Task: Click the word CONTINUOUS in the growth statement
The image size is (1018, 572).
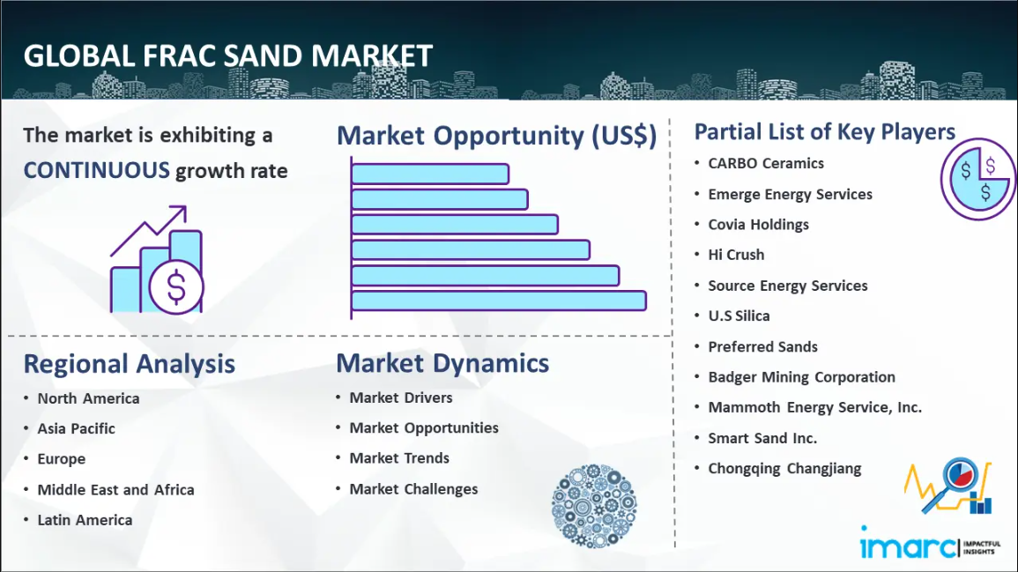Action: point(97,171)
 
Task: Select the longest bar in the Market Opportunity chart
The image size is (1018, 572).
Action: point(499,301)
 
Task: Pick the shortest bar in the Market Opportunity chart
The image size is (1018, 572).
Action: point(430,174)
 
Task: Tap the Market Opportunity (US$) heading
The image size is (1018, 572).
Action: point(497,136)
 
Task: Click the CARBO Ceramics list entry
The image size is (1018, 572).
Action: point(766,164)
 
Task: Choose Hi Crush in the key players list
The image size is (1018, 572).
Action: point(736,256)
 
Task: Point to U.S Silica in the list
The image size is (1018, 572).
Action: point(739,316)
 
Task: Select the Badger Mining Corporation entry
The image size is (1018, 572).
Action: point(802,377)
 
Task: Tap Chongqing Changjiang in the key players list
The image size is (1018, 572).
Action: point(785,469)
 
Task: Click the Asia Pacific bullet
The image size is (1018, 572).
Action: point(76,428)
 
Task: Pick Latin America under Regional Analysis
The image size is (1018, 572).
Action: point(85,520)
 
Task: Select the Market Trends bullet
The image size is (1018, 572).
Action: point(399,458)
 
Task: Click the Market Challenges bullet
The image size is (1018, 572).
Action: point(413,489)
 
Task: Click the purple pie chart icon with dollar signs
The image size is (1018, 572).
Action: point(977,179)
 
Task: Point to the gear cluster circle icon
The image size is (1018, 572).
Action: point(594,506)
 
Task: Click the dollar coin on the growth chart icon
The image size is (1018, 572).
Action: point(176,287)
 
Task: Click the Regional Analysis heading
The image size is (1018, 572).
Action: point(130,364)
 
